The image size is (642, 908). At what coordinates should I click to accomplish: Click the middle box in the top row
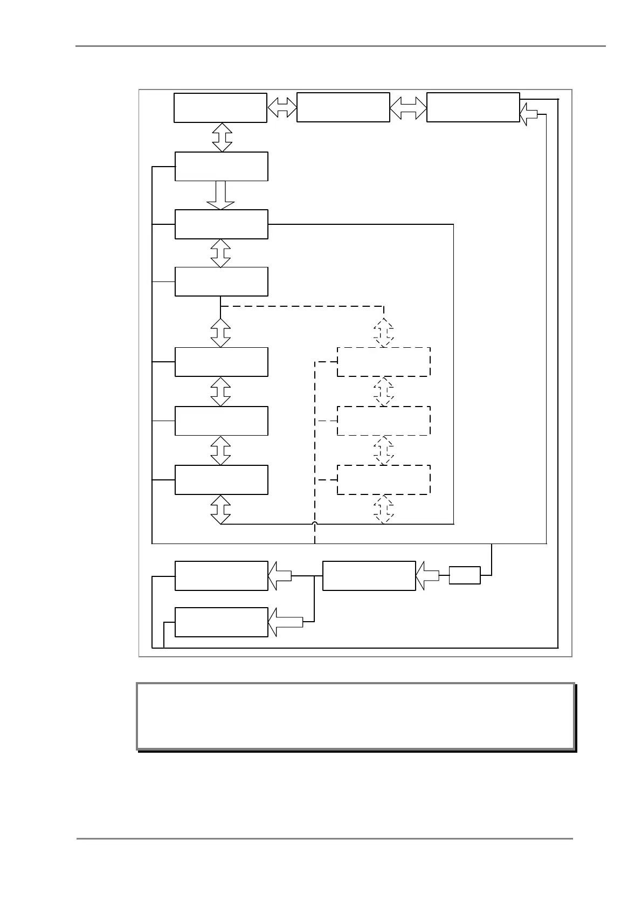(343, 107)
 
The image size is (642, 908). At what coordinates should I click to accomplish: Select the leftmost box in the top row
(220, 108)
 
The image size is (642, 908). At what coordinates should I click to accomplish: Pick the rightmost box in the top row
(473, 107)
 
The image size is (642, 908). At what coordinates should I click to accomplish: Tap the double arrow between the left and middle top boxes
(282, 107)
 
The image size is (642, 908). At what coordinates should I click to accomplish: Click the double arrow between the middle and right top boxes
(408, 107)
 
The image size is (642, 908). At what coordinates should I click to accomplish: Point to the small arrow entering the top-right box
(529, 114)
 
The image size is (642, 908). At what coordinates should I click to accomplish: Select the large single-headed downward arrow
(220, 195)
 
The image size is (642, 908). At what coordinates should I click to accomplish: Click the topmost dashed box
(383, 362)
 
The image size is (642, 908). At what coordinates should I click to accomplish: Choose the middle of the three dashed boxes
(383, 421)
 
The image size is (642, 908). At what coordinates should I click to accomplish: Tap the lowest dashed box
(383, 479)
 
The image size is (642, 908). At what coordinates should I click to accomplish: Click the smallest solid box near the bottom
(464, 575)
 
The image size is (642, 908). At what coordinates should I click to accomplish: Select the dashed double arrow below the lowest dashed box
(383, 509)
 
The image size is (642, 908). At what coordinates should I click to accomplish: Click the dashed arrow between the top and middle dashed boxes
(383, 391)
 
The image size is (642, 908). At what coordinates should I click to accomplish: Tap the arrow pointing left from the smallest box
(428, 575)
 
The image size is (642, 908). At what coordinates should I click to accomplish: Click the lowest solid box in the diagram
(221, 622)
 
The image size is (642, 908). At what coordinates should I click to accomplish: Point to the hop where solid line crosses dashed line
(314, 524)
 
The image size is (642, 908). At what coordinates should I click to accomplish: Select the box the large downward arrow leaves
(221, 166)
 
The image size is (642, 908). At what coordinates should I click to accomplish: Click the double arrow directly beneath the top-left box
(222, 137)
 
